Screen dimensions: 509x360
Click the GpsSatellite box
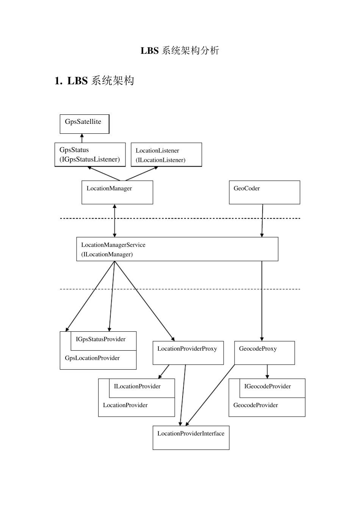coord(84,124)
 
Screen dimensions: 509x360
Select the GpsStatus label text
coord(74,150)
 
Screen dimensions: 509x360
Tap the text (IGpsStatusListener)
coord(89,159)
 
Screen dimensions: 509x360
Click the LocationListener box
coord(166,155)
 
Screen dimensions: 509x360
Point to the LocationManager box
coord(117,192)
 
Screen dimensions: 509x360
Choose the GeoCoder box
coord(264,192)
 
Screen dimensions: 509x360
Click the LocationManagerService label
coord(113,245)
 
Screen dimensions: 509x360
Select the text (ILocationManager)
coord(107,254)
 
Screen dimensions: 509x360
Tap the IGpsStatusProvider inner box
coord(103,341)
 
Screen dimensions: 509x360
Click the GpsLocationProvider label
coord(92,358)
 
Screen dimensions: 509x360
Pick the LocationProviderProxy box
coord(188,353)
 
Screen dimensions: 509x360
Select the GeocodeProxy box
coord(264,353)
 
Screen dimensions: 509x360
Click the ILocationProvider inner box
coord(142,388)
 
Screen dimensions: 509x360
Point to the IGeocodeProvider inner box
coord(272,388)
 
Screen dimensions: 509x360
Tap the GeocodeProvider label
coord(255,405)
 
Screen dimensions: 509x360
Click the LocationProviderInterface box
coord(191,438)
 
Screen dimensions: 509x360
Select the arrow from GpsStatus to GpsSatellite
coord(82,138)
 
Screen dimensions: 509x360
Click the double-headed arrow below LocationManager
coord(114,221)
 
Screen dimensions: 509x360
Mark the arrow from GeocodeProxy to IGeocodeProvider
coord(267,372)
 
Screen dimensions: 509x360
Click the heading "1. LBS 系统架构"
coord(94,81)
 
